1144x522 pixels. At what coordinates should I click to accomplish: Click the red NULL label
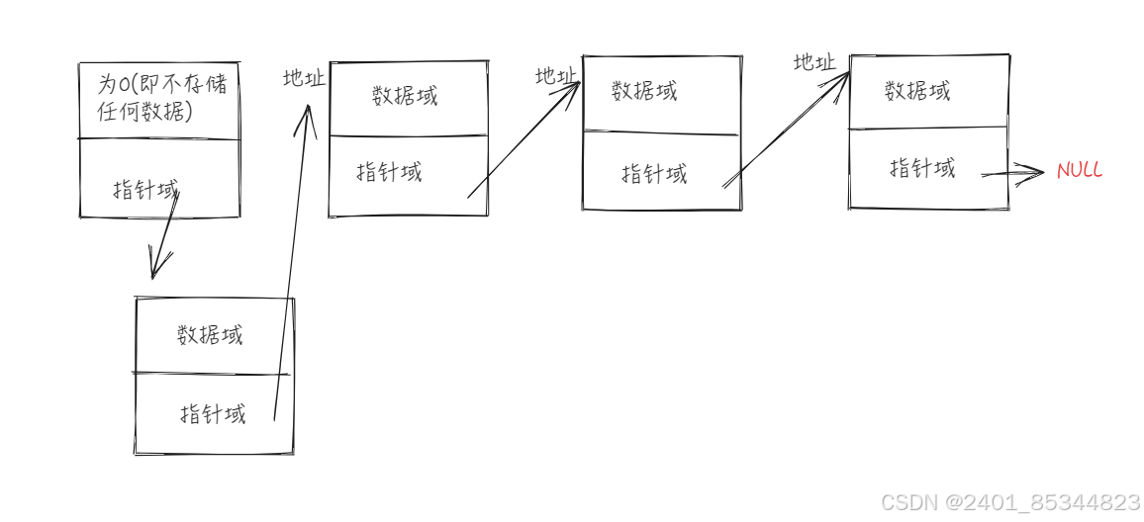pyautogui.click(x=1079, y=171)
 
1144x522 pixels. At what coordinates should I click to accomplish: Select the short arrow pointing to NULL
pyautogui.click(x=1012, y=174)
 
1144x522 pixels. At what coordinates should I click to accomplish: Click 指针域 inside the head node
pyautogui.click(x=145, y=188)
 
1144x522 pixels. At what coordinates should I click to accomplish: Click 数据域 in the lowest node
pyautogui.click(x=210, y=334)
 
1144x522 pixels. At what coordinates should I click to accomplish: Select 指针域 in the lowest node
pyautogui.click(x=213, y=413)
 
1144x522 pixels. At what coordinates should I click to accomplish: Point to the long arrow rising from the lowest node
pyautogui.click(x=291, y=267)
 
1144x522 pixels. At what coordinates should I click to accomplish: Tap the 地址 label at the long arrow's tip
pyautogui.click(x=304, y=79)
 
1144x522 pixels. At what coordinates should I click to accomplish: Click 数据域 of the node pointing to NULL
pyautogui.click(x=917, y=91)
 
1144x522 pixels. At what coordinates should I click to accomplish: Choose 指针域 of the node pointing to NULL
pyautogui.click(x=922, y=168)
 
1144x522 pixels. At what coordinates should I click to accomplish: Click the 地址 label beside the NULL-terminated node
pyautogui.click(x=814, y=62)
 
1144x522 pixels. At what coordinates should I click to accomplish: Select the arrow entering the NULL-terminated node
pyautogui.click(x=786, y=129)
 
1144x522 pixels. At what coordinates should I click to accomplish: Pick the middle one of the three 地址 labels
pyautogui.click(x=556, y=76)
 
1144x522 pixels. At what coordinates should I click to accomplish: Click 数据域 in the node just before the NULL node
pyautogui.click(x=644, y=91)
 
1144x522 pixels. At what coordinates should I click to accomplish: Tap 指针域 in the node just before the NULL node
pyautogui.click(x=654, y=174)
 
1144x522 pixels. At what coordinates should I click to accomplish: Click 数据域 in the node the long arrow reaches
pyautogui.click(x=405, y=95)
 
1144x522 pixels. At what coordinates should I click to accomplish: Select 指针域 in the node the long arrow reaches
pyautogui.click(x=389, y=172)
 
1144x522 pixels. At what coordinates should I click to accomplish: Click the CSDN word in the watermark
pyautogui.click(x=907, y=502)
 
